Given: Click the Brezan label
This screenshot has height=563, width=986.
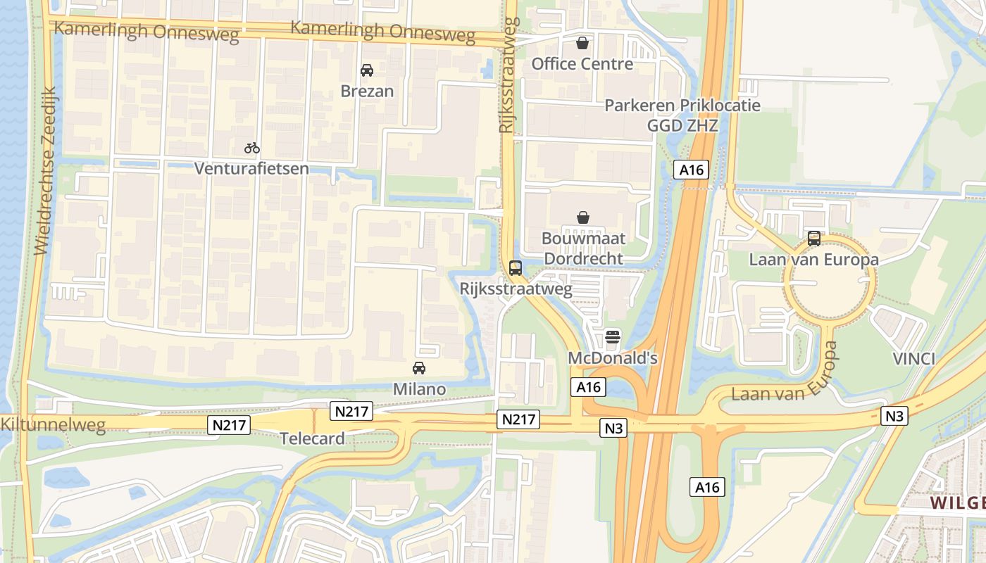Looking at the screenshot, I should (367, 91).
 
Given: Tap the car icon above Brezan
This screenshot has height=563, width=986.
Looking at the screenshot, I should (367, 70).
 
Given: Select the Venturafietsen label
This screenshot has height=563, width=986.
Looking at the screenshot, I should (252, 169).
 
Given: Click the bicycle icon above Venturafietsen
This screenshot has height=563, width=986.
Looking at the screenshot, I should (252, 148).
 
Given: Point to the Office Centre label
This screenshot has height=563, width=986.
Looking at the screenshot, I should (582, 64).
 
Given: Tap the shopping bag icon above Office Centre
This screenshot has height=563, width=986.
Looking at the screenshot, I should (582, 43).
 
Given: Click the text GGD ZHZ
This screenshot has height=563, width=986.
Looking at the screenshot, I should (682, 126).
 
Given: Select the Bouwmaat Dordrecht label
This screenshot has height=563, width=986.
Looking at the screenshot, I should (583, 248).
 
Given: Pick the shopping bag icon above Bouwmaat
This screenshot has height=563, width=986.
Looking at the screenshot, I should (583, 217).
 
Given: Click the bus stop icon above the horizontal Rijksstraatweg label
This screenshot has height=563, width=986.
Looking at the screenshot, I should (516, 267).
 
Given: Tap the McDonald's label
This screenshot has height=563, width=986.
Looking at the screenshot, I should (613, 358).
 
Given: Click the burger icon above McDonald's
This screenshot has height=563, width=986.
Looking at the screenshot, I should (613, 337).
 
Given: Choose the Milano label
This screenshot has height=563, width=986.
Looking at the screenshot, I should (419, 389).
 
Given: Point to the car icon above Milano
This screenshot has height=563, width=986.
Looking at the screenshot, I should (419, 368).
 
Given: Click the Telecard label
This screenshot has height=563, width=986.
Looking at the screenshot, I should (313, 438).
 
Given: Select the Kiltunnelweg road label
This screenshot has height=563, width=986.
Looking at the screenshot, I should (53, 424).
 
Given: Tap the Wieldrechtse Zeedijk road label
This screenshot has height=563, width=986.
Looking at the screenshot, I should (44, 170).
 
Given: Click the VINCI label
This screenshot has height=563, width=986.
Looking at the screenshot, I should (913, 359).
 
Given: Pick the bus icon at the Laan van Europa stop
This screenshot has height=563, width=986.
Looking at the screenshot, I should (814, 239).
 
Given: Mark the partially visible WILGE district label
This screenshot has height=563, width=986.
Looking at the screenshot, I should (957, 503).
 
